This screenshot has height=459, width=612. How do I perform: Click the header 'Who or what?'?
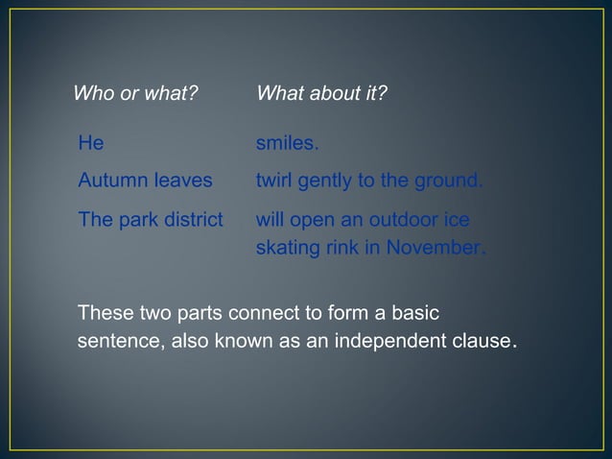135,94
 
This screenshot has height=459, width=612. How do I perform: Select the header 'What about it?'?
321,94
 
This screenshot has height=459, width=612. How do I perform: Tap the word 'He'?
90,144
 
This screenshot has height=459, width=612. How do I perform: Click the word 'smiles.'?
287,144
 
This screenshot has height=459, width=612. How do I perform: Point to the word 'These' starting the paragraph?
104,314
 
